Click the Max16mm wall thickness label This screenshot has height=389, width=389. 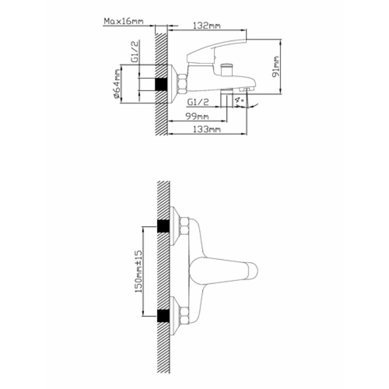point(123,21)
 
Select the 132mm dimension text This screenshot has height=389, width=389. point(207,26)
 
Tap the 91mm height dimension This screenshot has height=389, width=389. point(276,67)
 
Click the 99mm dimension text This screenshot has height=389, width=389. point(197,116)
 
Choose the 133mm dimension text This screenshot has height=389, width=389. point(207,129)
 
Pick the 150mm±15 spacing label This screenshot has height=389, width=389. point(139,271)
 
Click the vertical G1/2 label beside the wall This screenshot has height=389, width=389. point(136,51)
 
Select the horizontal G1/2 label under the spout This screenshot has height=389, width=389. point(198,102)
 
